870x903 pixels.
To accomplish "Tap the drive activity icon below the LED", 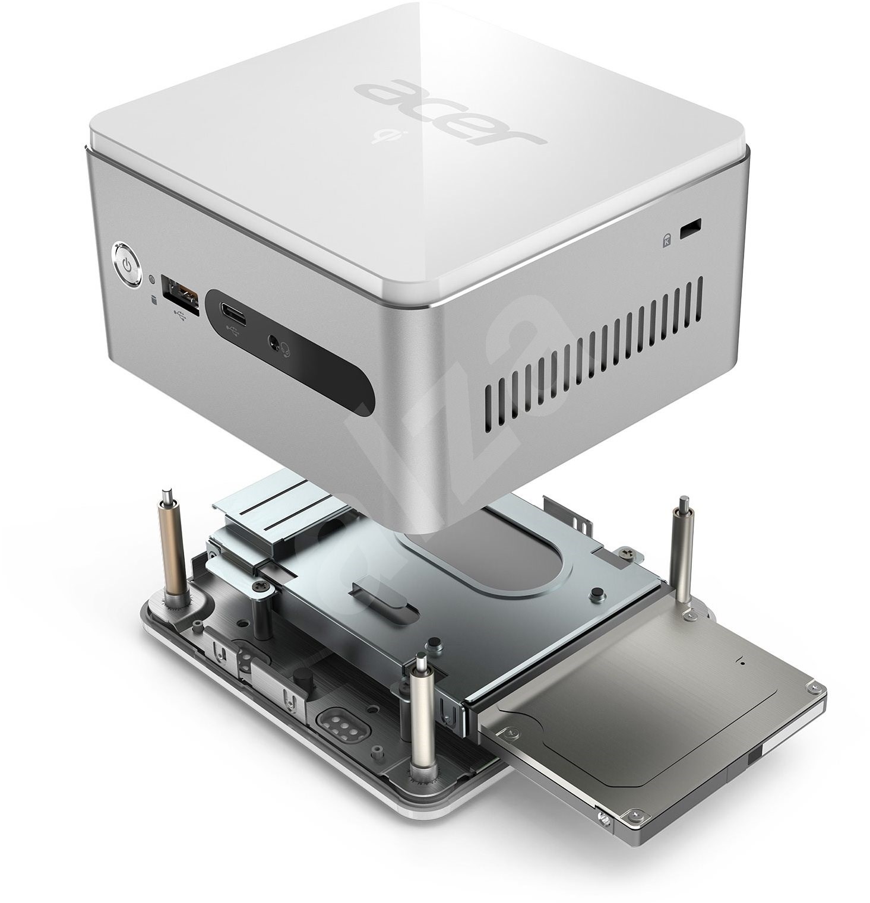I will click(x=154, y=299).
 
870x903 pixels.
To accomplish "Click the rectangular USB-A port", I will click(x=182, y=292).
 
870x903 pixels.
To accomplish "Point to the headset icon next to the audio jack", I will click(x=286, y=351).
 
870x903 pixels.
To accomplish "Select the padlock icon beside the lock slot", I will click(x=667, y=240).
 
